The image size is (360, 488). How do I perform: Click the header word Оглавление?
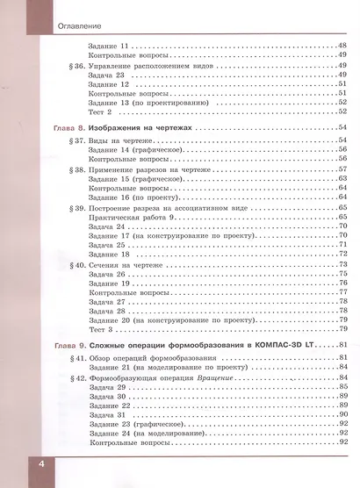point(40,22)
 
